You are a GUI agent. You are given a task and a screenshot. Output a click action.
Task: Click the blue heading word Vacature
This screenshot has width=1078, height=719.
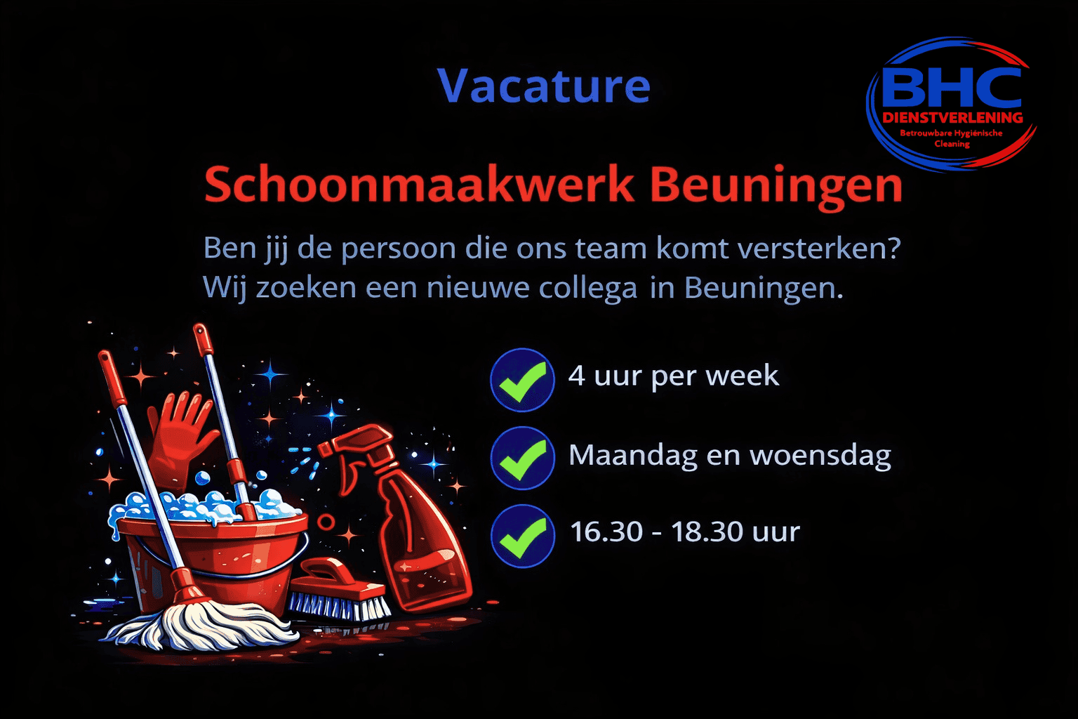pos(544,86)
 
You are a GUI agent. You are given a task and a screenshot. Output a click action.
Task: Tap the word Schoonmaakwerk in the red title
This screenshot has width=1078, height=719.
pos(420,184)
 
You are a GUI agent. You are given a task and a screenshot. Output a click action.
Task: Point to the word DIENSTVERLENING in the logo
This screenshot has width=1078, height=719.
pos(952,117)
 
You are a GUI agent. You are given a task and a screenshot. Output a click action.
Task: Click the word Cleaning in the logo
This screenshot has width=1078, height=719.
pos(952,143)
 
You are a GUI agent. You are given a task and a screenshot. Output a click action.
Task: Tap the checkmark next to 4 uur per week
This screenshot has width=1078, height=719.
pos(522,380)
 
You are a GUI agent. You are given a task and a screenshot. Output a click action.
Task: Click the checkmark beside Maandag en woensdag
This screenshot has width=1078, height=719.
pos(522,458)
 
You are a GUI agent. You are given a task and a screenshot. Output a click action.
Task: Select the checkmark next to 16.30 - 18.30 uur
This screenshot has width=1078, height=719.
pos(522,536)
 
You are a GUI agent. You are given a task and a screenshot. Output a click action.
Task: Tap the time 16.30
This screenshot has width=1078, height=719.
pos(606,532)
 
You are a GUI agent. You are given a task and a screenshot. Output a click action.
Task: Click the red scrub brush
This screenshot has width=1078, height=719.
pos(339,590)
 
